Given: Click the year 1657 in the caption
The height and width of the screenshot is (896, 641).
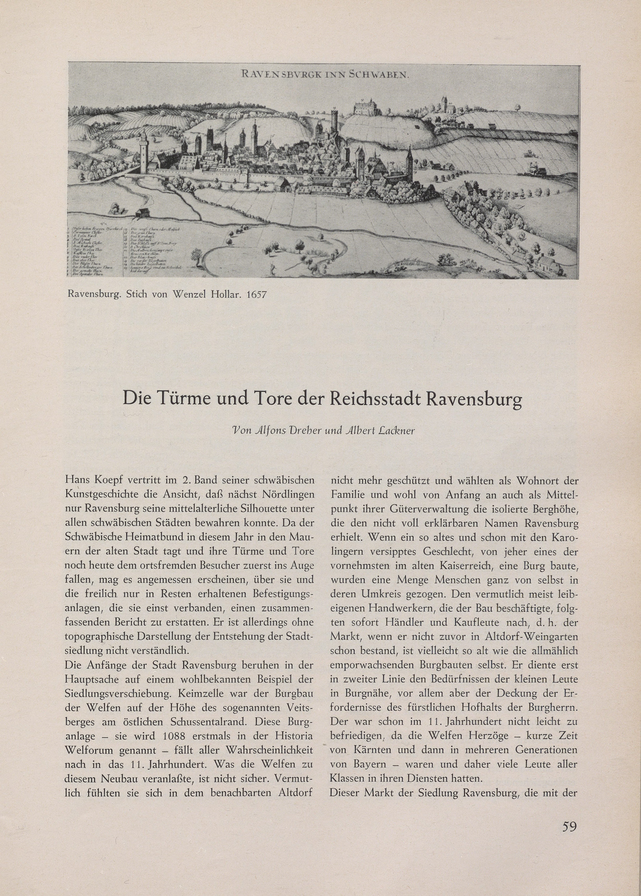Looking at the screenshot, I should [256, 294].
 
